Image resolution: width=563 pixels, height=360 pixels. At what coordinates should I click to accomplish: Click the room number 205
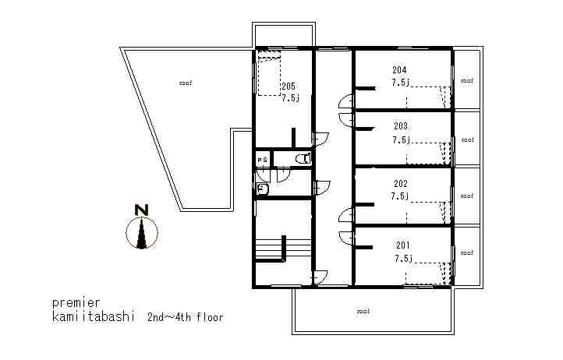[289, 86]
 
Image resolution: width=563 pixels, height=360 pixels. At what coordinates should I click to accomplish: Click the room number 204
[399, 70]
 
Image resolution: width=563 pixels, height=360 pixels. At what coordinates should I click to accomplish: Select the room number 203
[401, 126]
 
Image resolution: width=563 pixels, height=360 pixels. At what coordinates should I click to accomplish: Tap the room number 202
[401, 185]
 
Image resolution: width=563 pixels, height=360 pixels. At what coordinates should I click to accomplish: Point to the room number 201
[402, 245]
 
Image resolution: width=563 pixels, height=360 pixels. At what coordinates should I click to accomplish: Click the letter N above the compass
[141, 210]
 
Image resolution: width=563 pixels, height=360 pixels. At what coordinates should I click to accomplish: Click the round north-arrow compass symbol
[142, 233]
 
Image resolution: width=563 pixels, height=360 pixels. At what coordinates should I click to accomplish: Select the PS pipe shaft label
[263, 160]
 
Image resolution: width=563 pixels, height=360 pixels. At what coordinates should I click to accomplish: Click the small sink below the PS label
[263, 188]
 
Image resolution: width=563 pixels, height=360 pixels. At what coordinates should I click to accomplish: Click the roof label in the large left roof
[185, 82]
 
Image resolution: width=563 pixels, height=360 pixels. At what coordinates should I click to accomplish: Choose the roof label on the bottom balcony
[363, 311]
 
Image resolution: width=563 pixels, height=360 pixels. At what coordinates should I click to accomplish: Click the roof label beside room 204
[466, 80]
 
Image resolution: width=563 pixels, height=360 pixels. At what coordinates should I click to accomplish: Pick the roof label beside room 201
[466, 253]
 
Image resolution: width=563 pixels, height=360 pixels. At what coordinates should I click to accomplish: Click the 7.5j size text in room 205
[290, 98]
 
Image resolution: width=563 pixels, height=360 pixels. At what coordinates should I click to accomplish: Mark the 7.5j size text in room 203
[401, 140]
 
